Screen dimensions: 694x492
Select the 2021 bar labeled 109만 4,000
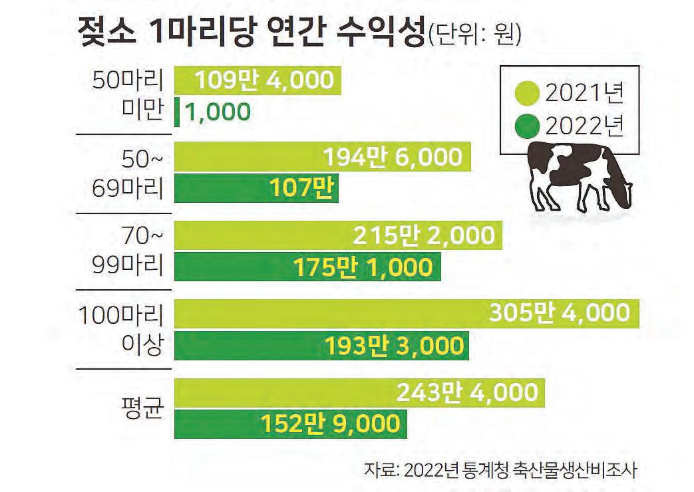pos(258,80)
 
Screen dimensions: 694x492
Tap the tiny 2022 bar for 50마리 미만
pos(177,112)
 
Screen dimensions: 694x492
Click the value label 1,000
pos(218,112)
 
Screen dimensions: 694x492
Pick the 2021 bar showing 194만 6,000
pos(323,156)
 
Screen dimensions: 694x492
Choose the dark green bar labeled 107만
pos(256,188)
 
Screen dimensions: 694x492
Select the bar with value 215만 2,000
pos(338,235)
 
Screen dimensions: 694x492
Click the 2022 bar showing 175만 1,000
pos(307,267)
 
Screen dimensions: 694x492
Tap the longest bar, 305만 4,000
pos(407,314)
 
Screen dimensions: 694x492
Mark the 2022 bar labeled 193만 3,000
pos(322,346)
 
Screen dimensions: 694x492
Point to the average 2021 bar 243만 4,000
pos(359,392)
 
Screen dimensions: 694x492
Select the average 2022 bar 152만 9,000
pos(291,424)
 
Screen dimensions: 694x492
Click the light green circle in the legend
pos(527,93)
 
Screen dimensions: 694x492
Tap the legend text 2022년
pos(584,126)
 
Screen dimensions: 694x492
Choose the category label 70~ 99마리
pos(128,251)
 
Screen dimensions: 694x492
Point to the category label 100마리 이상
pos(121,329)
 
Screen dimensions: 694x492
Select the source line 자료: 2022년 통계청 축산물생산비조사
pos(501,470)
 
